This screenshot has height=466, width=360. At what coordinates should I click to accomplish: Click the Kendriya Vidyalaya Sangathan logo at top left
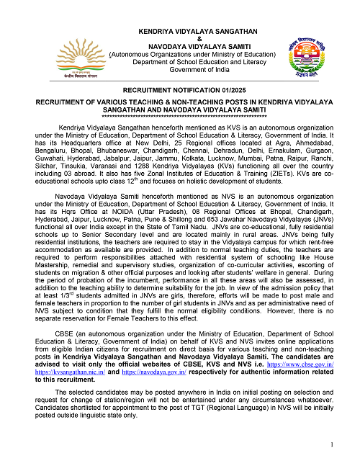[55, 57]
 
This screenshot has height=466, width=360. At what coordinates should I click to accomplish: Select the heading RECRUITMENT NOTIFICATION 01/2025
[180, 94]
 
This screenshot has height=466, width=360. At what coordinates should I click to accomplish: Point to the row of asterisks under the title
[180, 116]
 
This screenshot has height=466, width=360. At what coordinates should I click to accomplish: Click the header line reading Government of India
[180, 70]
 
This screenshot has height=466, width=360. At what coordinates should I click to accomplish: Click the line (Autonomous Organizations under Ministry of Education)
[180, 54]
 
